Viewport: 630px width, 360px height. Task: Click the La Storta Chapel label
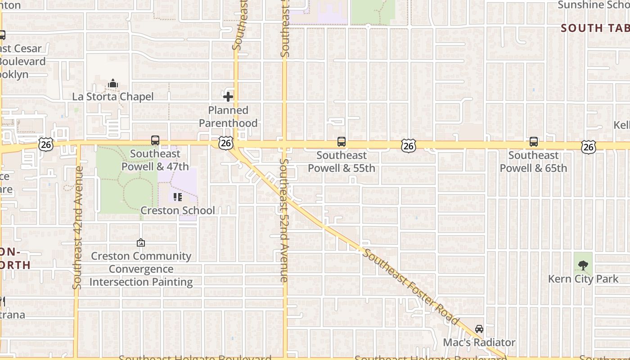[x=113, y=97]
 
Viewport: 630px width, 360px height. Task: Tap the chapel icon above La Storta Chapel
[x=113, y=84]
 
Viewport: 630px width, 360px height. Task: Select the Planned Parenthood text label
[x=228, y=117]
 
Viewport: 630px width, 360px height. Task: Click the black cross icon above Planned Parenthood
[x=228, y=97]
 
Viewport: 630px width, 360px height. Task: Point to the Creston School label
[x=178, y=211]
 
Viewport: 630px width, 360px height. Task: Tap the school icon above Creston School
[x=178, y=197]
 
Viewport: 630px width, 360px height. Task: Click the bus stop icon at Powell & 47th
[x=155, y=140]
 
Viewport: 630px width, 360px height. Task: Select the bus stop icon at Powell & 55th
[x=342, y=142]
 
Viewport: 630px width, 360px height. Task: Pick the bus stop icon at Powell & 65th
[x=534, y=142]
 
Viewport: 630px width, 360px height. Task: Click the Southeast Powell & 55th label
[x=342, y=162]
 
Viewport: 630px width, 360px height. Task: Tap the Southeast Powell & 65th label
[x=534, y=162]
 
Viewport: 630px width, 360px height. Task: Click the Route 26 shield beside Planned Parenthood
[x=226, y=144]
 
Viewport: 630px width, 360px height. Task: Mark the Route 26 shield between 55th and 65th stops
[x=408, y=145]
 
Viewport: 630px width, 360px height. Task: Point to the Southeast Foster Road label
[x=411, y=287]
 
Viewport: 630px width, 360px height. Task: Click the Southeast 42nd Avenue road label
[x=78, y=228]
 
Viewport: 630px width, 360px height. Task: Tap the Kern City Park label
[x=583, y=279]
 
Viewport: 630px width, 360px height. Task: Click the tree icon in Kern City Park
[x=583, y=265]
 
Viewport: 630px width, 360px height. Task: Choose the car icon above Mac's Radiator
[x=479, y=329]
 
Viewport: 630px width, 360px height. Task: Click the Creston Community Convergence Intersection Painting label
[x=141, y=269]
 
